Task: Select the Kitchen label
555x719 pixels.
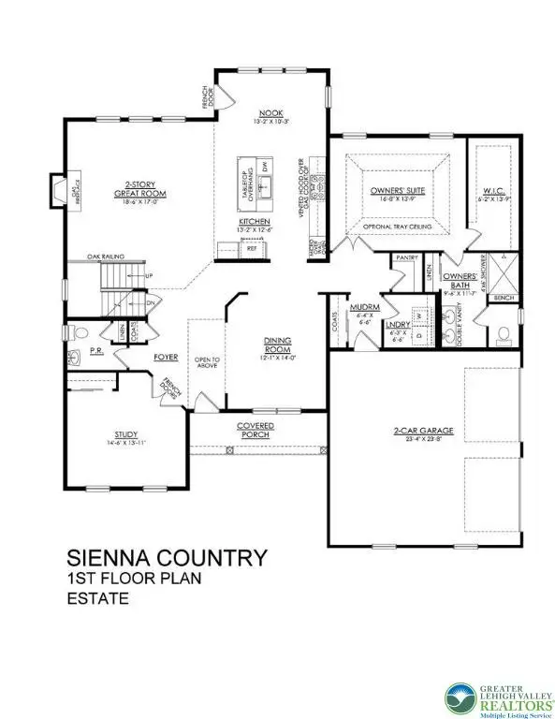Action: point(254,222)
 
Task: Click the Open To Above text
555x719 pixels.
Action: point(204,362)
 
